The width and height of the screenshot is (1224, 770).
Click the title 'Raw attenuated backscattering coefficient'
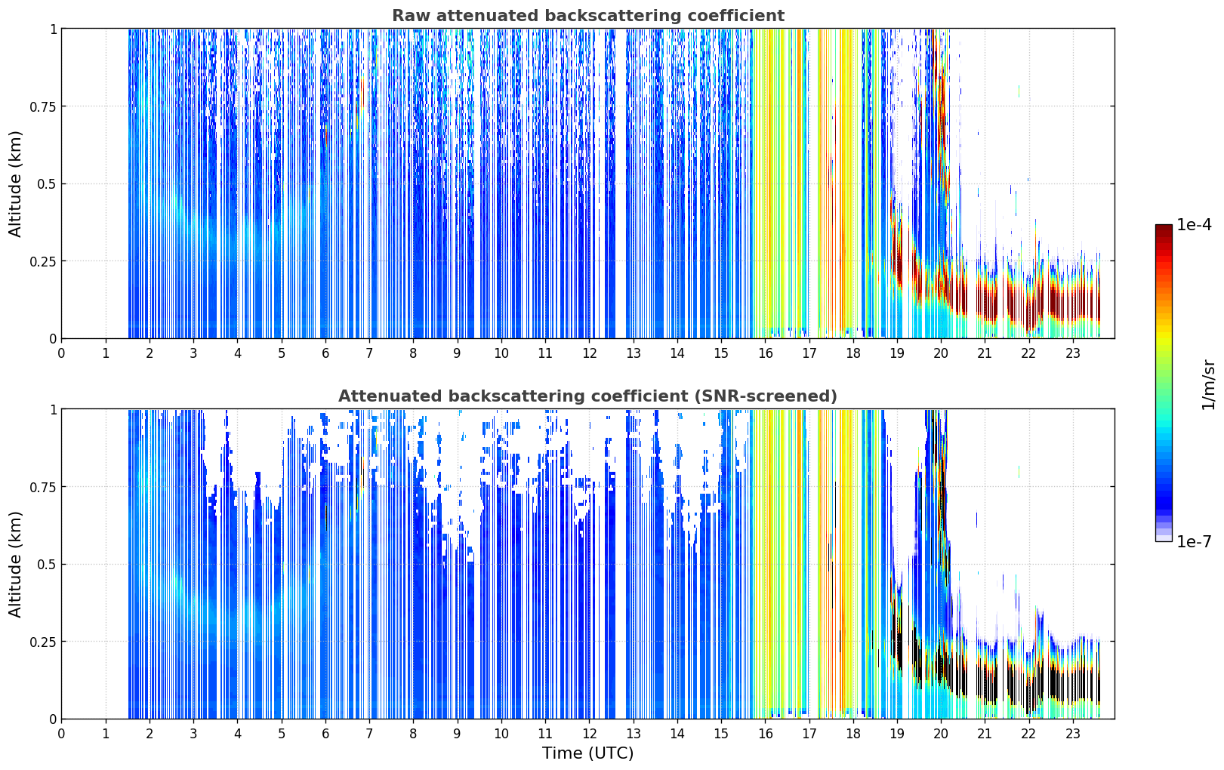588,15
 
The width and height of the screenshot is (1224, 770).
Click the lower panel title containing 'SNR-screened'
587,396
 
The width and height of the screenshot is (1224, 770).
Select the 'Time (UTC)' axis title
588,753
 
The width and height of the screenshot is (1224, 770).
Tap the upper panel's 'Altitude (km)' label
15,183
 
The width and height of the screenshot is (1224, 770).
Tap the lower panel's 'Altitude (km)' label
15,564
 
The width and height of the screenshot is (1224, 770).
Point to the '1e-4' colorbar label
1193,224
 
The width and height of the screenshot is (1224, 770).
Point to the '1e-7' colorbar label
1193,542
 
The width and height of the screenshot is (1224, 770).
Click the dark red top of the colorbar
1164,228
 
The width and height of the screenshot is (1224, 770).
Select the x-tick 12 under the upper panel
590,353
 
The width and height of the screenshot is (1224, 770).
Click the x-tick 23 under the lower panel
1073,734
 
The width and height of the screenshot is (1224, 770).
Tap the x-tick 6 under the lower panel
325,734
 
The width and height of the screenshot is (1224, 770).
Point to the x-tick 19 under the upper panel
897,353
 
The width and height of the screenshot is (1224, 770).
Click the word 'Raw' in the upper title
412,15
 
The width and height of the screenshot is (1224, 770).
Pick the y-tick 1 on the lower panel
54,410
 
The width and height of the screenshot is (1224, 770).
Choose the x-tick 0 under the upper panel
61,353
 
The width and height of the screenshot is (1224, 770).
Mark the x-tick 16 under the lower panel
766,734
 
